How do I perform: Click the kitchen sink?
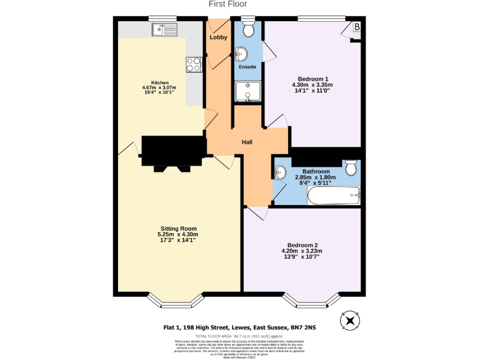tap(166, 29)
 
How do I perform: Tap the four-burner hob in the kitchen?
tap(194, 63)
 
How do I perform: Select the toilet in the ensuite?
tap(248, 29)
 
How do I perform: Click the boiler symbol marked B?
tap(357, 27)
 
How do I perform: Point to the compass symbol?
tap(349, 321)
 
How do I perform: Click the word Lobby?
tap(218, 37)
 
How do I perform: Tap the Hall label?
tap(247, 142)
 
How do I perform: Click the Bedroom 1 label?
tap(312, 78)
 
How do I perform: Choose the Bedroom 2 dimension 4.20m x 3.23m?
tap(304, 251)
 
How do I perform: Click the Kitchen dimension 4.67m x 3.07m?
tap(159, 87)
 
